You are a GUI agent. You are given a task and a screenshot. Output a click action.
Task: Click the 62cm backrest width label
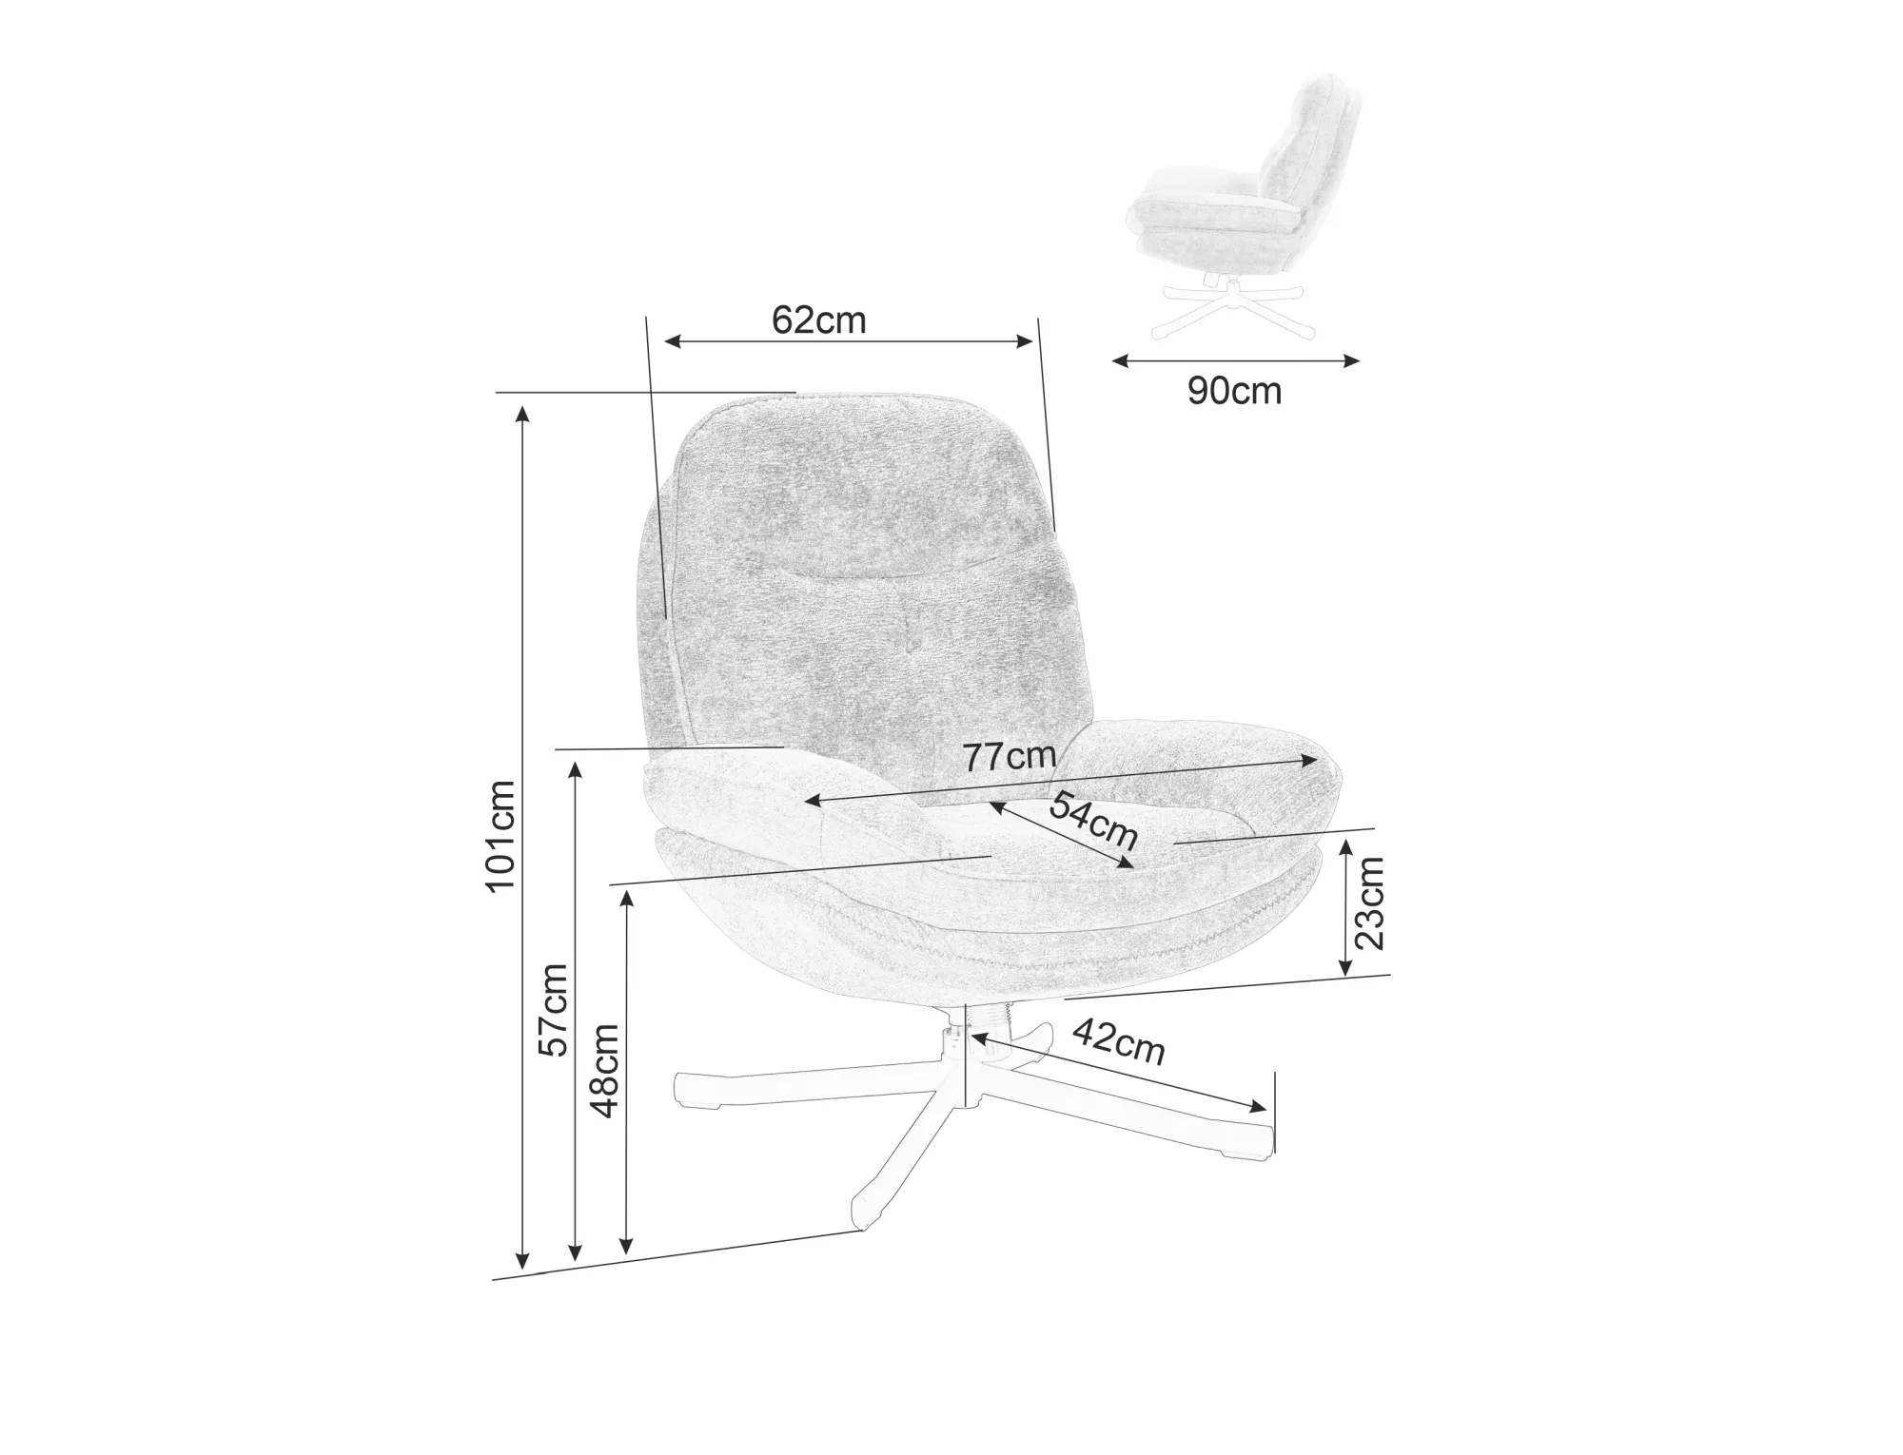click(818, 320)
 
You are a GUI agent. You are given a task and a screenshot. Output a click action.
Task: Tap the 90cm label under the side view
click(1234, 391)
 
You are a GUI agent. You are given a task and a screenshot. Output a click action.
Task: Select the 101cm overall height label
click(500, 835)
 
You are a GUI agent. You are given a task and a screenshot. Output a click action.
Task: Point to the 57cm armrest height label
click(553, 1009)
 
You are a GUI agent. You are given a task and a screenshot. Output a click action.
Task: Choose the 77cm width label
click(1010, 756)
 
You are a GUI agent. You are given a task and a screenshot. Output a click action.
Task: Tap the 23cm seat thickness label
click(1370, 902)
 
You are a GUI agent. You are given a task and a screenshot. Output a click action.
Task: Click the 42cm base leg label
click(1119, 1041)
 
